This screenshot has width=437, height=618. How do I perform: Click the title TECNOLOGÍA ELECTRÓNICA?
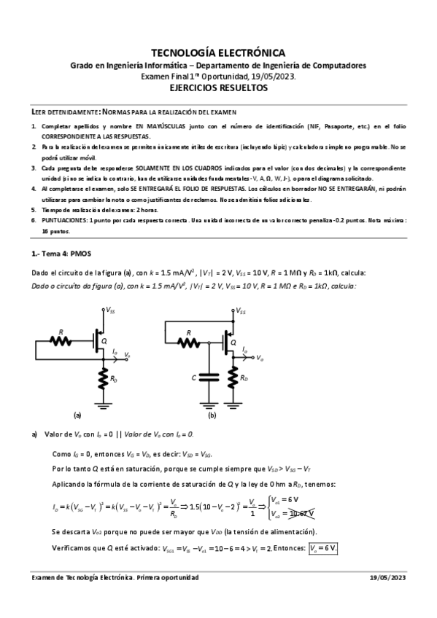click(x=218, y=52)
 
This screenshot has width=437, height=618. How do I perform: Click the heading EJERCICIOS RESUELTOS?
click(x=218, y=87)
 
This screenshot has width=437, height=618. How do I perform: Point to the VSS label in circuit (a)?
click(x=111, y=310)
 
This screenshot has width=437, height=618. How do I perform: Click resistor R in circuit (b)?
click(x=190, y=340)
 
